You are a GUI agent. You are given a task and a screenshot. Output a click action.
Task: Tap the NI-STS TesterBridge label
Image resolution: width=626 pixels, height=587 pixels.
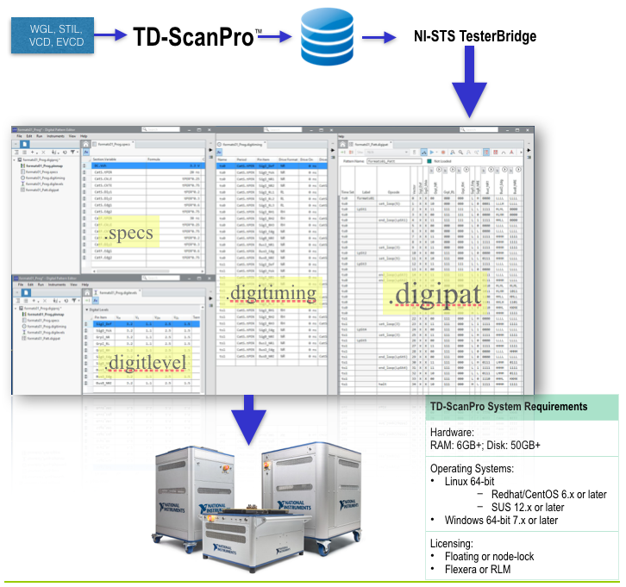click(x=475, y=36)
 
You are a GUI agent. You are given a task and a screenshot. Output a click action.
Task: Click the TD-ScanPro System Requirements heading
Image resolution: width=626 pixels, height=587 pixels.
click(x=509, y=406)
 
